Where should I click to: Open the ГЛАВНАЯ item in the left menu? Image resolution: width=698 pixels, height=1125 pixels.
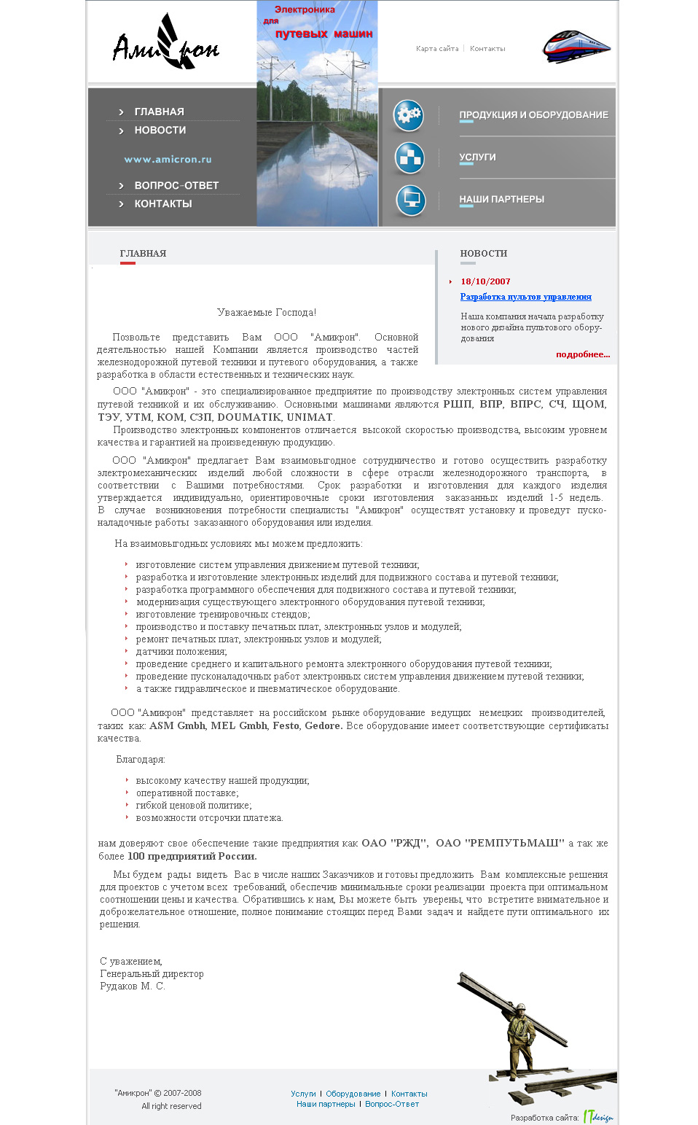159,112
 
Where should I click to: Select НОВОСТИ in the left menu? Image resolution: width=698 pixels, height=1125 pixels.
160,131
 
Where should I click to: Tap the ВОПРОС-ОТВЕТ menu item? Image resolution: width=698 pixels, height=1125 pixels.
176,186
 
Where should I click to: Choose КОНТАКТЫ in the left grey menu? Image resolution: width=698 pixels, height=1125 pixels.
163,204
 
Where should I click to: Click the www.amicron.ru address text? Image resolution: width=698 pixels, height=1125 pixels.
168,159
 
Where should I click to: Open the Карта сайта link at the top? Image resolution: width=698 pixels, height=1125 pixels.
437,49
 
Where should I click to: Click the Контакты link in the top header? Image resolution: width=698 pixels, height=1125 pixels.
487,49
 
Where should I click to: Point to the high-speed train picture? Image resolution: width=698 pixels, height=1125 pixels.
576,47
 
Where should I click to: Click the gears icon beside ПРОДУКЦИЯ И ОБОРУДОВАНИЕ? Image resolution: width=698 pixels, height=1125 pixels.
409,114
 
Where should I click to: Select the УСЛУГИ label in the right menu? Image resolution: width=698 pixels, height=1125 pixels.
477,157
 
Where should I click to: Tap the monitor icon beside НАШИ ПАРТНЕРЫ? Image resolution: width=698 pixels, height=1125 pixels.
410,201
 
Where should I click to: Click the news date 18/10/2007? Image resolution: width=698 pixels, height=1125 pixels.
485,281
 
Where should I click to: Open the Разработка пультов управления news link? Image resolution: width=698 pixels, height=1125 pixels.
525,297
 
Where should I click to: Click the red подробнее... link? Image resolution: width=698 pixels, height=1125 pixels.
583,354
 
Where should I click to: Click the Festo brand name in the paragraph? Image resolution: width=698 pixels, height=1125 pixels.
286,725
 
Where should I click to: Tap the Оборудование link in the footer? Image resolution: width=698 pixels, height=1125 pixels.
353,1094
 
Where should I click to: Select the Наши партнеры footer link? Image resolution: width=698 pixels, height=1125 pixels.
326,1104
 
